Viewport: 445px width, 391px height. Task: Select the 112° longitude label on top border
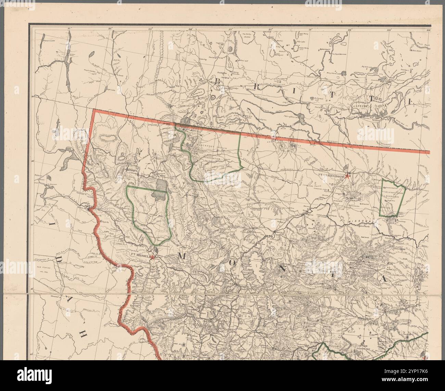(x=270, y=29)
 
